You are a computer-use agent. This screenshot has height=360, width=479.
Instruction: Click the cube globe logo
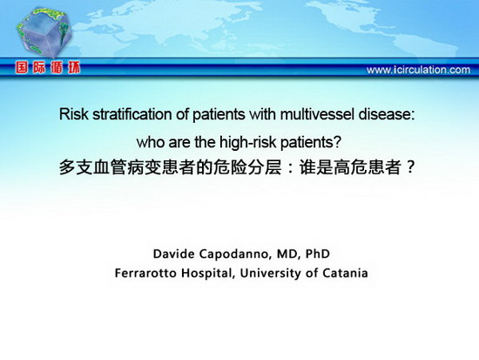[x=44, y=31]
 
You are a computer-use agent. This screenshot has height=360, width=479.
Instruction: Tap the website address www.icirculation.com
[x=418, y=70]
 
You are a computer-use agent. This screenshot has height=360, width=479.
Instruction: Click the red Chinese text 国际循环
[x=48, y=68]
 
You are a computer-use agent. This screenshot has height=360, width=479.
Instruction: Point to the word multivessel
[x=317, y=114]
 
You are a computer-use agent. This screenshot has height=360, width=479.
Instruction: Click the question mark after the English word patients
[x=337, y=143]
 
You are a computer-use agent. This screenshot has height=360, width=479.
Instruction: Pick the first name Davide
[x=173, y=254]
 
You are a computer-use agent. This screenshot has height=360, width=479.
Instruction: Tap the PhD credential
[x=318, y=254]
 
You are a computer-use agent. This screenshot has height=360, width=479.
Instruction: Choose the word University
[x=270, y=273]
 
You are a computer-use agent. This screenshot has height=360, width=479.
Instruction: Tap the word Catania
[x=345, y=273]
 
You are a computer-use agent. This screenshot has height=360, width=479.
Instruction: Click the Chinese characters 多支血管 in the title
[x=93, y=167]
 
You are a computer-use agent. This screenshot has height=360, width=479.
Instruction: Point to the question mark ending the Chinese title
[x=410, y=167]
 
